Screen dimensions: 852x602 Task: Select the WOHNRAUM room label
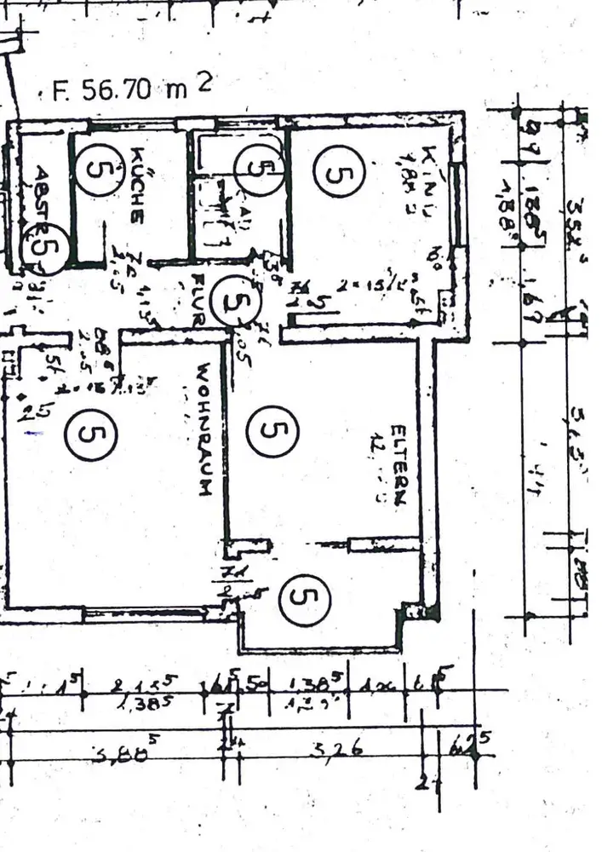coord(203,430)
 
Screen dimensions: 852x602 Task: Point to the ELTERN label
coord(398,463)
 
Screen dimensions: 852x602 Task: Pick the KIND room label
coord(431,168)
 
